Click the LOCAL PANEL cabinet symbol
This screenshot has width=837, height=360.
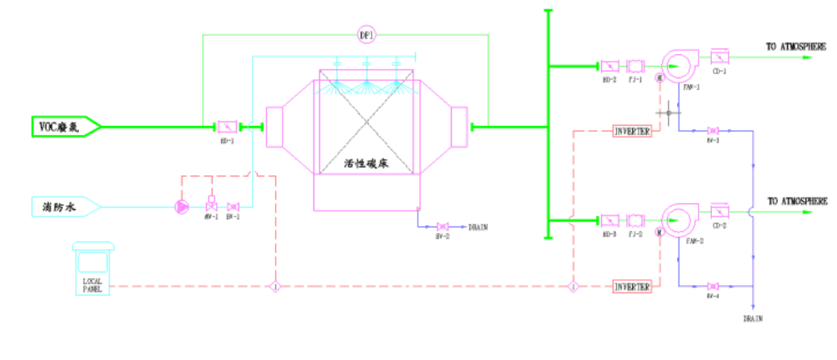click(93, 268)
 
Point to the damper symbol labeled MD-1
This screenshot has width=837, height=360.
click(227, 127)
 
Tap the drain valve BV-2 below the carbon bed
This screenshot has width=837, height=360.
click(443, 227)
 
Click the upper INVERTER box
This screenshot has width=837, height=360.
click(631, 132)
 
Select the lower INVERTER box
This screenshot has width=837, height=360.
click(631, 287)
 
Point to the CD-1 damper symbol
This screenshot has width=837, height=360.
click(719, 57)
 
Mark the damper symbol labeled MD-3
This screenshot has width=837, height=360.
click(609, 221)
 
